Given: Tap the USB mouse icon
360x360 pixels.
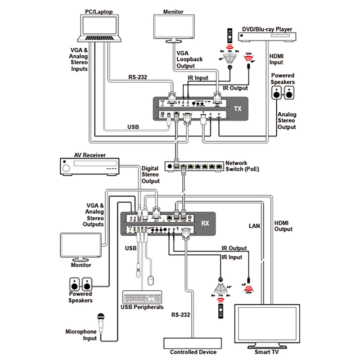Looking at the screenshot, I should (151, 281).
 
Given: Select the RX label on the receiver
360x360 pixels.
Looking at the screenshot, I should (205, 223).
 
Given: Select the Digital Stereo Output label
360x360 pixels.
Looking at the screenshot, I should (150, 175).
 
